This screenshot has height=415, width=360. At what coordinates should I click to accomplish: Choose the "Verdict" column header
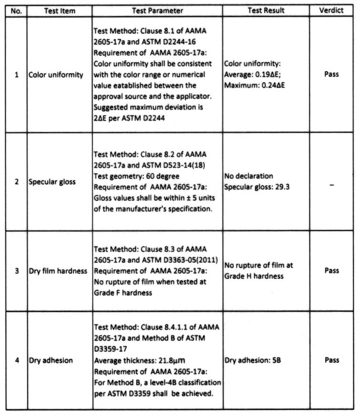(331, 10)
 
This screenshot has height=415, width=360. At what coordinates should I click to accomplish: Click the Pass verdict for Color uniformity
(331, 74)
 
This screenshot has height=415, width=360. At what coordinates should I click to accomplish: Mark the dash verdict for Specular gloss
(331, 182)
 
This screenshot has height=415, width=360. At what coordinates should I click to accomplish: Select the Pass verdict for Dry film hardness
(331, 270)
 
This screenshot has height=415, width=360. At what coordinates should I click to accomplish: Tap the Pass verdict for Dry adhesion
(331, 360)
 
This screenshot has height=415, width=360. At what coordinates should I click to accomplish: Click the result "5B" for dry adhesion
(276, 360)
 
